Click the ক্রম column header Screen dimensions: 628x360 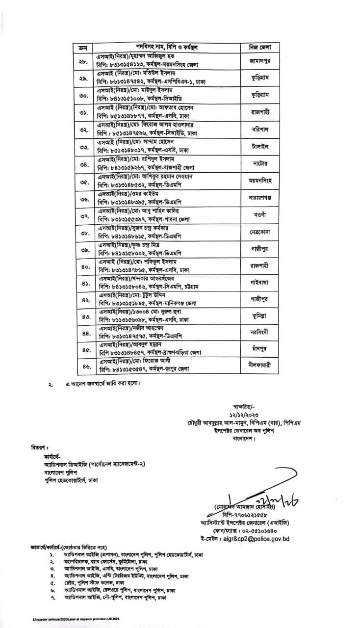coord(82,48)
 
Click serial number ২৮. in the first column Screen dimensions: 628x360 coord(82,61)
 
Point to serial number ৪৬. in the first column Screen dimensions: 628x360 coord(82,366)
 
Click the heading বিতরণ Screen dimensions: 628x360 coord(37,448)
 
